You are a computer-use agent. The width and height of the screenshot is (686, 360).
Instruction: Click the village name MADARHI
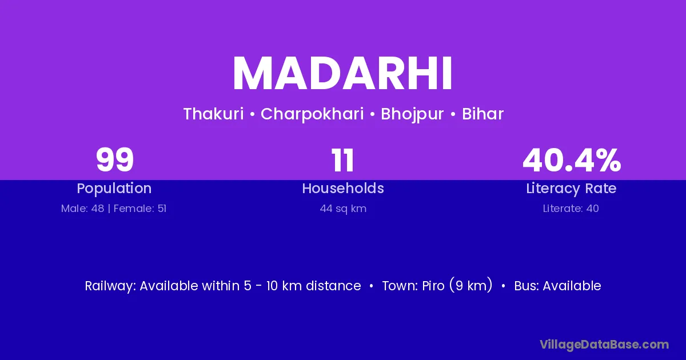pyautogui.click(x=342, y=74)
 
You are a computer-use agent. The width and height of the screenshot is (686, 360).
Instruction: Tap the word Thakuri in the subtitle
pyautogui.click(x=213, y=114)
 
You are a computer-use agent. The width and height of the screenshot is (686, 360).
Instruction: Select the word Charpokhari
pyautogui.click(x=312, y=114)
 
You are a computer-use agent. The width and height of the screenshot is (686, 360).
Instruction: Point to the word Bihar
pyautogui.click(x=482, y=114)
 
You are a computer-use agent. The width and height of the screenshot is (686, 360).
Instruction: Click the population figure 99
pyautogui.click(x=114, y=160)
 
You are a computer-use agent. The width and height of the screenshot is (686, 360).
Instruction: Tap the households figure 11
pyautogui.click(x=342, y=160)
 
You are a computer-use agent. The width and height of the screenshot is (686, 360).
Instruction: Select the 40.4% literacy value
pyautogui.click(x=572, y=160)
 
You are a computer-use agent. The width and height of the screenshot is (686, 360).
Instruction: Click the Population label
pyautogui.click(x=114, y=189)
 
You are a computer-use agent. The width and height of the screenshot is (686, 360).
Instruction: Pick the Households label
pyautogui.click(x=343, y=188)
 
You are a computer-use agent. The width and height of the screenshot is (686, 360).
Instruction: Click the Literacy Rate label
pyautogui.click(x=571, y=189)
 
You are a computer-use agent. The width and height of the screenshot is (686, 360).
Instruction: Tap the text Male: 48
pyautogui.click(x=83, y=209)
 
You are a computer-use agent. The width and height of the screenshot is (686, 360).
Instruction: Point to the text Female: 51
pyautogui.click(x=140, y=209)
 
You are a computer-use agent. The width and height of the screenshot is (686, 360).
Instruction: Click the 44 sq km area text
pyautogui.click(x=343, y=209)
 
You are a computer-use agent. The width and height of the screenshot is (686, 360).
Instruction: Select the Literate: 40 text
pyautogui.click(x=571, y=209)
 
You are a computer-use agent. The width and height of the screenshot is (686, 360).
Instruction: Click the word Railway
pyautogui.click(x=110, y=286)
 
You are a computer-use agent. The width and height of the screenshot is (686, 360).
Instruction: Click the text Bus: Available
pyautogui.click(x=557, y=286)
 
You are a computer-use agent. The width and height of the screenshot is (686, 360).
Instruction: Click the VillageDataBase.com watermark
pyautogui.click(x=604, y=345)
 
